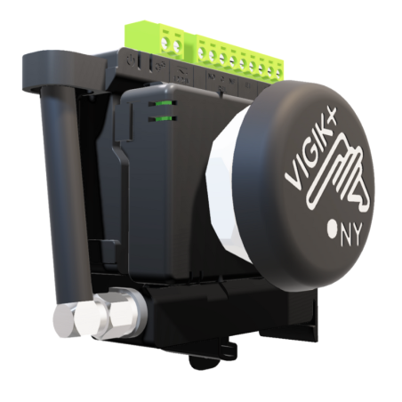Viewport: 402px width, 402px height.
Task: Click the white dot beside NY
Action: click(332, 229)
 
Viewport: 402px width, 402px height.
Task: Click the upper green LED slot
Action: click(163, 103)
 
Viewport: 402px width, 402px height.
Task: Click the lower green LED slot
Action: click(163, 119)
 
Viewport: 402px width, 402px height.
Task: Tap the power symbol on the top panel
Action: click(131, 61)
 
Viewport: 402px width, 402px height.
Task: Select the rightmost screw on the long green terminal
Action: click(278, 72)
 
